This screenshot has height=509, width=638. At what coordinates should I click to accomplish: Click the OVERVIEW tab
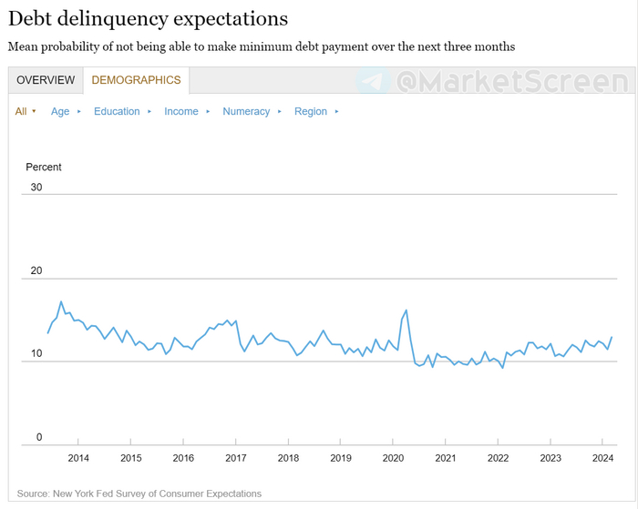click(x=46, y=80)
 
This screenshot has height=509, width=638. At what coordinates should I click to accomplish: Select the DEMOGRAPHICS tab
click(x=136, y=80)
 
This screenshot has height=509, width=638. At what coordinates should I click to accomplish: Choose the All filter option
click(x=22, y=111)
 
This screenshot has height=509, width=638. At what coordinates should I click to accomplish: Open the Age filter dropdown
click(x=60, y=111)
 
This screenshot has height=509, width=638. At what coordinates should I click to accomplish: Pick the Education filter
click(x=117, y=111)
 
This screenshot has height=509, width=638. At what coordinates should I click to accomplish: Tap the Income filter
click(x=181, y=111)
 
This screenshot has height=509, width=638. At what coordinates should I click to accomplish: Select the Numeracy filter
click(x=246, y=111)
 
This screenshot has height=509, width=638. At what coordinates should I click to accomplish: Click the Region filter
click(x=311, y=111)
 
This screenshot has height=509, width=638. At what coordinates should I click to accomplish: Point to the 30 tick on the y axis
click(x=36, y=188)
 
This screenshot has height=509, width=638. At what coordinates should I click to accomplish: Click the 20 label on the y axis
click(x=36, y=271)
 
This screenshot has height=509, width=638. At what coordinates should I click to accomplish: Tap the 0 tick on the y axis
click(x=39, y=438)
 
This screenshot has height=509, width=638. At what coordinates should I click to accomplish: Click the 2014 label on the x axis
click(x=78, y=458)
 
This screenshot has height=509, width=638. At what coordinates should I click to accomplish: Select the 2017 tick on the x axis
click(x=235, y=458)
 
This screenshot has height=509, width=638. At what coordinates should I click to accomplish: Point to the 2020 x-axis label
click(x=393, y=458)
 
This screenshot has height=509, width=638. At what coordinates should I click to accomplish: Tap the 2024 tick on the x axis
click(x=602, y=458)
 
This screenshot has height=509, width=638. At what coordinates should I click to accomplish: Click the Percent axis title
click(x=44, y=168)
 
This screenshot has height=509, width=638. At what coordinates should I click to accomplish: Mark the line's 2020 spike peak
click(x=406, y=310)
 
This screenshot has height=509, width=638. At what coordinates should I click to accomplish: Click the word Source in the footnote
click(x=33, y=494)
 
